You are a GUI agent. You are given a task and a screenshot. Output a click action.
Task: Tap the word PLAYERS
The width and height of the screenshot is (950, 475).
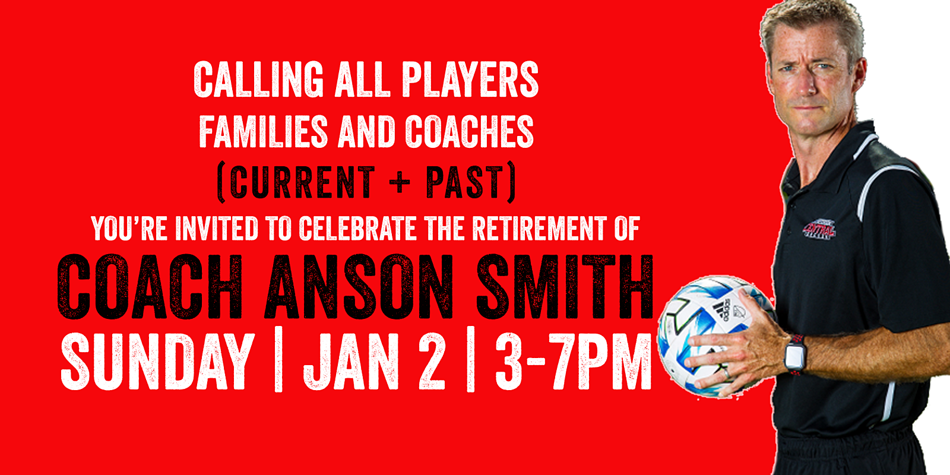[470, 80]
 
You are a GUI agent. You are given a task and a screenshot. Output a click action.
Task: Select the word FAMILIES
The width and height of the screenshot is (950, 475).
[263, 132]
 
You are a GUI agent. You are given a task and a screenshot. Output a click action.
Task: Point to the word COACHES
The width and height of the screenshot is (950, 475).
[469, 132]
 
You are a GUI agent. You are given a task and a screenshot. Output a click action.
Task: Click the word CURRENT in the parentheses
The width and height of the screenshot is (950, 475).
[302, 182]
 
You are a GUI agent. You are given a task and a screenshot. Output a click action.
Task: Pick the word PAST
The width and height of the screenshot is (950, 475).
[465, 182]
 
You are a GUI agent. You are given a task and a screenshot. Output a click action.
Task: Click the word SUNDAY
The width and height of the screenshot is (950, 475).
[158, 362]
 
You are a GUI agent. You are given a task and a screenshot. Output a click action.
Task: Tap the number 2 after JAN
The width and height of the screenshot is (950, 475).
[432, 362]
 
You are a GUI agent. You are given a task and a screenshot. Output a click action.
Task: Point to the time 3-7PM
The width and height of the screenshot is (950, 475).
[573, 362]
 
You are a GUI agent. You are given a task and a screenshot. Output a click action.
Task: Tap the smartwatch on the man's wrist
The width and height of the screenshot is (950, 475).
[794, 355]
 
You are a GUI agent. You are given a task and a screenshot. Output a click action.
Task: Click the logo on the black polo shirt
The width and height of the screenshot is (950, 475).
[819, 229]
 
